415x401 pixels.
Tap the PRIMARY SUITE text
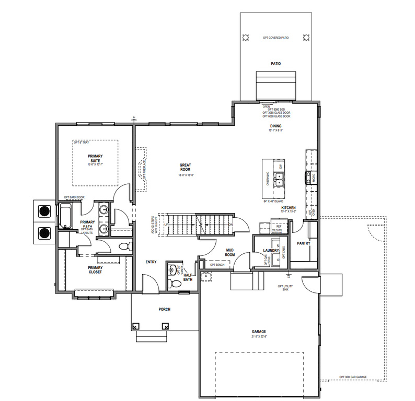95,159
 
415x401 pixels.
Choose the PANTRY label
304,243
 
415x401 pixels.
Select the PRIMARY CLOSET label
95,269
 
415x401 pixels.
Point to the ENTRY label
151,262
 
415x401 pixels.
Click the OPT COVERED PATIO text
275,38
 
